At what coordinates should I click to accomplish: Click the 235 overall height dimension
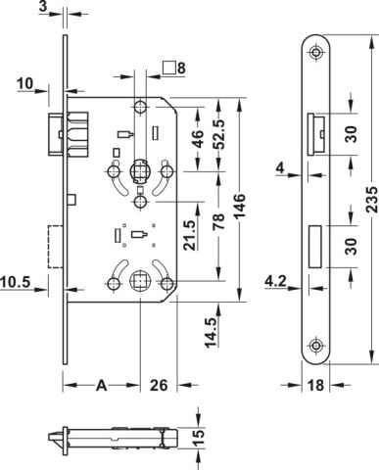pos(371,200)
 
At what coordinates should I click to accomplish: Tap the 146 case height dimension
pos(239,207)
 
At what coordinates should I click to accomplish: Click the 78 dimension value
pos(219,221)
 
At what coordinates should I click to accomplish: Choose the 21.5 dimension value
pos(190,235)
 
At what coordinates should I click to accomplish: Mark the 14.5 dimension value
pos(212,332)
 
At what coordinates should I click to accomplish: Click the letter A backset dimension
pos(102,386)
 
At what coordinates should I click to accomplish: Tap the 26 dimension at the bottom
pos(159,385)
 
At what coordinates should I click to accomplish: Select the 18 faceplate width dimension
pos(315,385)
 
